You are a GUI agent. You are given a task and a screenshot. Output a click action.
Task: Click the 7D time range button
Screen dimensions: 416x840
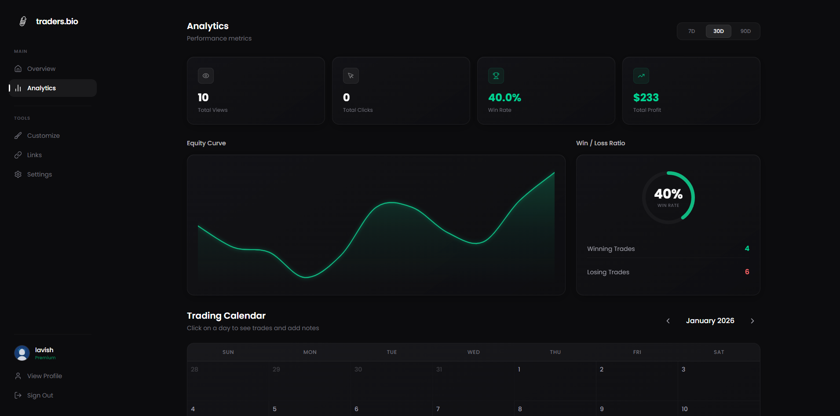click(x=691, y=31)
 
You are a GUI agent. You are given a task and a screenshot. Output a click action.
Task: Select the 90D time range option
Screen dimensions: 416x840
click(x=745, y=31)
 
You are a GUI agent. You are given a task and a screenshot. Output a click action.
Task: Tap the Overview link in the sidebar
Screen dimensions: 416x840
click(x=41, y=69)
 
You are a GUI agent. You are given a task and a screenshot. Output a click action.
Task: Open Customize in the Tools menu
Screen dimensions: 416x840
click(x=43, y=136)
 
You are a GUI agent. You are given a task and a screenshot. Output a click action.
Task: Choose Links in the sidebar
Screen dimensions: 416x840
click(x=34, y=155)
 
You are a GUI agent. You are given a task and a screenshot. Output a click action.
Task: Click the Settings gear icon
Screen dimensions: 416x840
click(x=18, y=174)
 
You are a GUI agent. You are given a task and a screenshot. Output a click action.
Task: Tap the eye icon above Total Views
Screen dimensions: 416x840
click(x=206, y=76)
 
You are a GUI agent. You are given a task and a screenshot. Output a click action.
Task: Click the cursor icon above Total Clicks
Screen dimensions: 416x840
click(x=351, y=76)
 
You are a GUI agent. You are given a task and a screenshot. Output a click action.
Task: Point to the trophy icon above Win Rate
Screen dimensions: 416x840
click(x=496, y=76)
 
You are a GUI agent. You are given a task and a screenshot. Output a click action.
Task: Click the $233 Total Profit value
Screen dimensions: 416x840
click(x=646, y=97)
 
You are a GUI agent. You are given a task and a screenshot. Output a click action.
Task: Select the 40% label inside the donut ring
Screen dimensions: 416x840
click(x=668, y=194)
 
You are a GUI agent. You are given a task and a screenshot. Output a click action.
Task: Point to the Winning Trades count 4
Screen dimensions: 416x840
click(x=747, y=249)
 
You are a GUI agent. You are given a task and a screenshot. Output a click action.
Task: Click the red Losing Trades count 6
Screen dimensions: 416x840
click(x=747, y=272)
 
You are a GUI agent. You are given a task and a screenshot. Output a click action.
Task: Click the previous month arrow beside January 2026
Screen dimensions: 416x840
click(x=668, y=321)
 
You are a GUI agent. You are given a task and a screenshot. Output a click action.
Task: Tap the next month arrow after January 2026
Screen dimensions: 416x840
click(x=752, y=321)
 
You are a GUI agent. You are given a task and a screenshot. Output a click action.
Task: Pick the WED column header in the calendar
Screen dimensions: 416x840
click(x=473, y=352)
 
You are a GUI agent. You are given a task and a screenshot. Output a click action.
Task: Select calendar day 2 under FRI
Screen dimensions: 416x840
click(x=602, y=369)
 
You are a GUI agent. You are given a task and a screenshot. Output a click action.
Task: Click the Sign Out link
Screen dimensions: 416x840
click(x=40, y=395)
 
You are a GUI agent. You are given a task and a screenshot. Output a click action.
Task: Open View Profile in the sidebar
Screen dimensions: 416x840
click(x=44, y=376)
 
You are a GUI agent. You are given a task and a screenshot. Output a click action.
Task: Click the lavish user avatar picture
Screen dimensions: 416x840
click(x=22, y=353)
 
